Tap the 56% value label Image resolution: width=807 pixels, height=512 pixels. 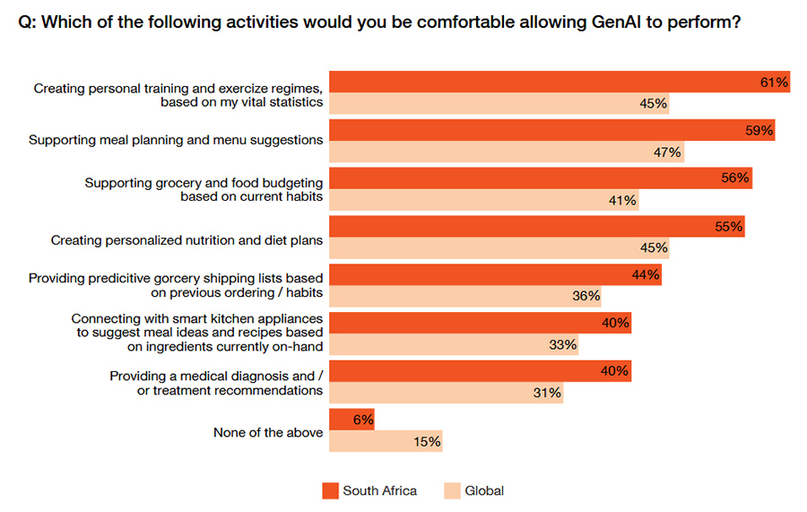pyautogui.click(x=735, y=178)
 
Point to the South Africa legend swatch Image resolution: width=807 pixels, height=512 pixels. pyautogui.click(x=330, y=490)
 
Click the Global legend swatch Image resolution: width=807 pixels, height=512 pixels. pyautogui.click(x=452, y=490)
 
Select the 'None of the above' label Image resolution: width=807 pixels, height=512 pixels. pyautogui.click(x=267, y=432)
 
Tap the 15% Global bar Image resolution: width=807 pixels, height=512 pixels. pyautogui.click(x=386, y=441)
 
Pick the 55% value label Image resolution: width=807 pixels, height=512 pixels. pyautogui.click(x=729, y=227)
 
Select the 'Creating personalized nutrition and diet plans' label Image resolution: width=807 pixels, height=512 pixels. pyautogui.click(x=187, y=240)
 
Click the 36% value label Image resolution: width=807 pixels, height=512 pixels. pyautogui.click(x=585, y=297)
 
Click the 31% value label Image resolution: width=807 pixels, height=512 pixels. pyautogui.click(x=547, y=393)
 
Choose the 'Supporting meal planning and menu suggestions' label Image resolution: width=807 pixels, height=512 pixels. pyautogui.click(x=176, y=140)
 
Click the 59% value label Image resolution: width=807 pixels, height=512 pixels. pyautogui.click(x=759, y=130)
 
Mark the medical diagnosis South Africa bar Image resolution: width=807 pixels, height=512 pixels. pyautogui.click(x=481, y=370)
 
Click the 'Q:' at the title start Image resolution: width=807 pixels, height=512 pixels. pyautogui.click(x=27, y=23)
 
